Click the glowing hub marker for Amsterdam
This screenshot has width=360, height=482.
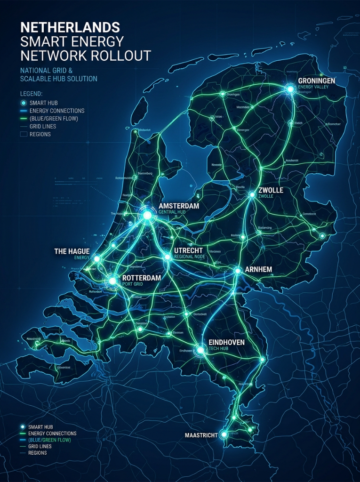(148, 215)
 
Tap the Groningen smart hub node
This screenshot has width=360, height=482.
(290, 88)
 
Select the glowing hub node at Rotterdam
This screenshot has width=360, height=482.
(112, 281)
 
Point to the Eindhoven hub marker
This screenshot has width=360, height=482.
(201, 350)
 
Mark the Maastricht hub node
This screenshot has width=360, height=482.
(224, 434)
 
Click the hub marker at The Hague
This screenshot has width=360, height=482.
(97, 258)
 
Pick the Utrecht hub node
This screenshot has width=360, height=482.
(167, 257)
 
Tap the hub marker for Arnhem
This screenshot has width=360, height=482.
(238, 271)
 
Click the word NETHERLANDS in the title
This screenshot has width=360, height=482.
(70, 26)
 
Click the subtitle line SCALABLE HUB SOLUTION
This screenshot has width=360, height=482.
(59, 79)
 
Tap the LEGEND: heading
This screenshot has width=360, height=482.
(32, 94)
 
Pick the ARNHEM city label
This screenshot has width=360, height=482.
(258, 270)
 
